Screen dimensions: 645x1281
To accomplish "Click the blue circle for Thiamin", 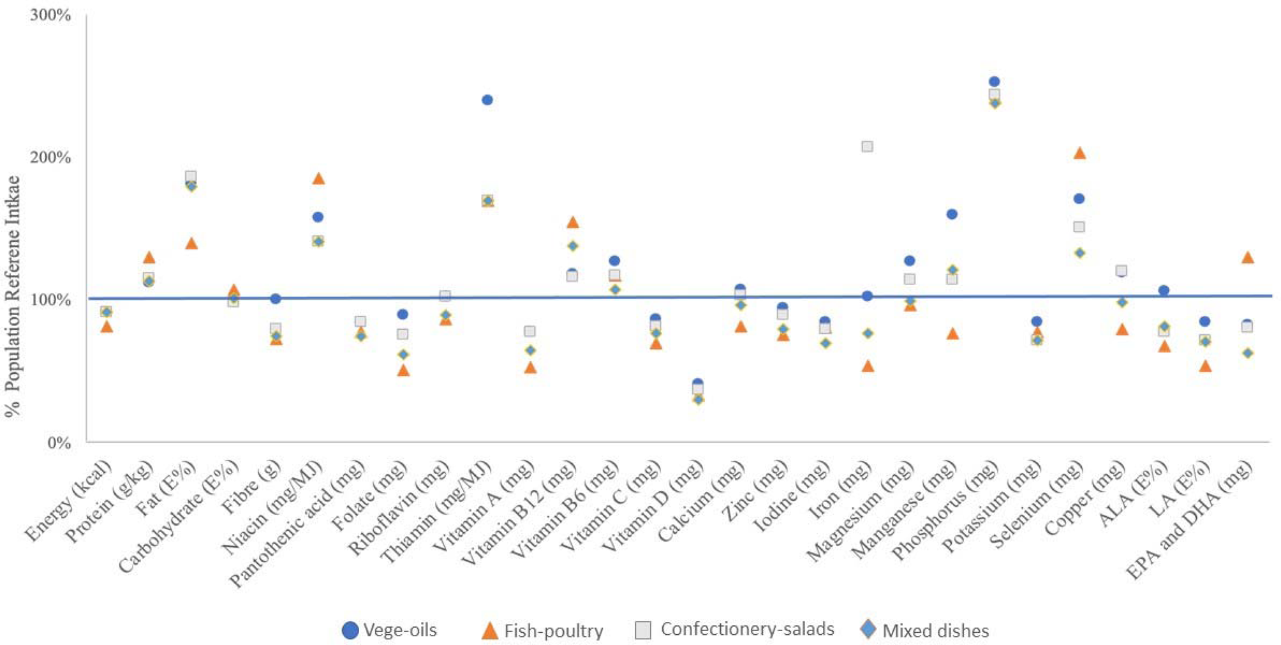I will tap(487, 100).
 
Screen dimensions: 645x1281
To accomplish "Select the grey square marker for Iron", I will tap(867, 147).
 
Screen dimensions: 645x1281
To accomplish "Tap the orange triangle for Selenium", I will tap(1079, 153).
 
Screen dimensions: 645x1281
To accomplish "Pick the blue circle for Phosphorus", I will tap(994, 82).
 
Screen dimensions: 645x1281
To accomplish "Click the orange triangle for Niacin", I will tap(318, 179).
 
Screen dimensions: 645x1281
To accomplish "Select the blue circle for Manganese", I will tap(952, 214).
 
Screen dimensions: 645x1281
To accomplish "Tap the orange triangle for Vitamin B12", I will tap(572, 222).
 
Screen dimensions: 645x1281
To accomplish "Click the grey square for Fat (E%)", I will tap(191, 176).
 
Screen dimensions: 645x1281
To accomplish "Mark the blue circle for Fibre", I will tap(276, 299).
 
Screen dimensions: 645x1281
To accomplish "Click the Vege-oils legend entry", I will tap(389, 631).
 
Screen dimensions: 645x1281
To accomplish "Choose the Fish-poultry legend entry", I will tap(542, 631).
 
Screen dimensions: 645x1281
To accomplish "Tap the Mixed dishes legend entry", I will tap(924, 631).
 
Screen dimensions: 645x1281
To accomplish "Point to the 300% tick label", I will tap(50, 15).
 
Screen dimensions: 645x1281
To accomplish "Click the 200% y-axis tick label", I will tap(50, 158).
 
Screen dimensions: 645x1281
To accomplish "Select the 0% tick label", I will tap(59, 443).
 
